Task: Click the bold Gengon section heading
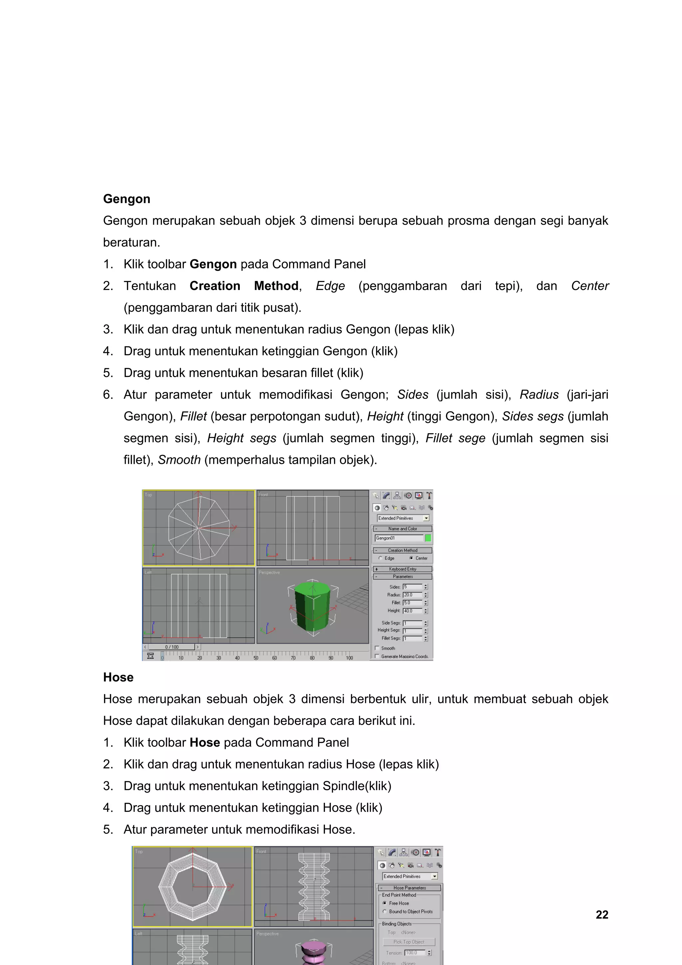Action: click(127, 199)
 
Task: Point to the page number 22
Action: click(602, 915)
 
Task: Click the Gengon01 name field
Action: click(398, 538)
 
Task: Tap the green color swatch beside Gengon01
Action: click(428, 538)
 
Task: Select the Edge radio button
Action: click(381, 558)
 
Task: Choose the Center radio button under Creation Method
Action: click(411, 558)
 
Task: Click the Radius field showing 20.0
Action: click(412, 595)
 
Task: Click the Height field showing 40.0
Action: click(412, 611)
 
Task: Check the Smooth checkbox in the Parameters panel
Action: click(377, 648)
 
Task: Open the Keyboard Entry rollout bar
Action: click(403, 569)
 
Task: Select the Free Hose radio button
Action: click(385, 903)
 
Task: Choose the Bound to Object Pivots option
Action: click(385, 911)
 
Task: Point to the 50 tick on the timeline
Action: click(256, 658)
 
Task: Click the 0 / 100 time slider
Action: click(172, 647)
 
